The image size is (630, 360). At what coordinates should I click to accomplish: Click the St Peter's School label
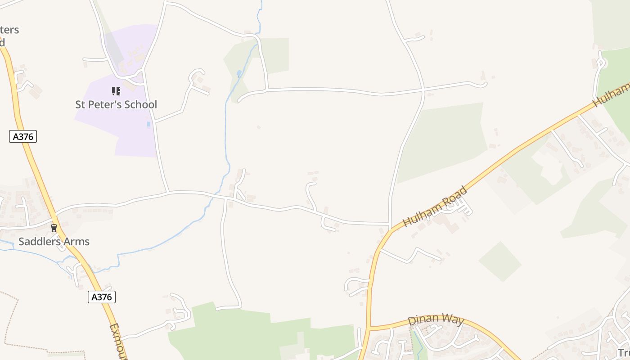pyautogui.click(x=116, y=104)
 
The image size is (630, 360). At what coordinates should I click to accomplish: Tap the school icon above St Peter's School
pyautogui.click(x=116, y=91)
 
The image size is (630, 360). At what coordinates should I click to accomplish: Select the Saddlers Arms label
pyautogui.click(x=54, y=242)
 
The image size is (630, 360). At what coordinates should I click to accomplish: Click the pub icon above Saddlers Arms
pyautogui.click(x=54, y=228)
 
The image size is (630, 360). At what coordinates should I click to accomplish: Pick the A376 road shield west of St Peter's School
pyautogui.click(x=23, y=136)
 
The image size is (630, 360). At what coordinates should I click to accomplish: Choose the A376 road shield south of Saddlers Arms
pyautogui.click(x=102, y=297)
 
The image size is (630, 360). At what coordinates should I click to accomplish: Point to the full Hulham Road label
pyautogui.click(x=435, y=207)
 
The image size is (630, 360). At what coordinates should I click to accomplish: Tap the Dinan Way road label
pyautogui.click(x=435, y=320)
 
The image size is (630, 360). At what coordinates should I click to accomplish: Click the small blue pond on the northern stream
pyautogui.click(x=239, y=73)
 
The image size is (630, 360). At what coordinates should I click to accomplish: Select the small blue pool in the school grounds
pyautogui.click(x=148, y=124)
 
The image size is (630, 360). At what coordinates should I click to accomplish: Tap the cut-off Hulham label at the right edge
pyautogui.click(x=612, y=95)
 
